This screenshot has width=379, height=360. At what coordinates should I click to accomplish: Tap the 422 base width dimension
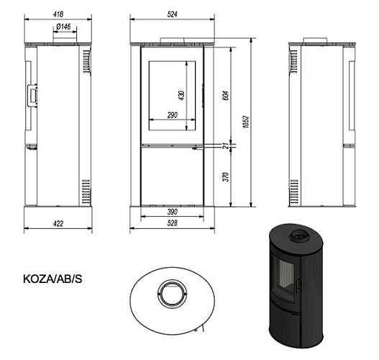(x=58, y=224)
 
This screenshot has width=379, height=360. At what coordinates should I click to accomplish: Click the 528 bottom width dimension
(x=172, y=224)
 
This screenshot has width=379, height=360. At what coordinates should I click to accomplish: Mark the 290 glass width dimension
(x=170, y=116)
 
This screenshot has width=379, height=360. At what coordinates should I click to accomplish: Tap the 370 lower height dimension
(x=224, y=177)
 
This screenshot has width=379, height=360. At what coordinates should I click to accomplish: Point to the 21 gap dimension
(x=224, y=147)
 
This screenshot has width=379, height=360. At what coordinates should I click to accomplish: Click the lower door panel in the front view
(x=172, y=179)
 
